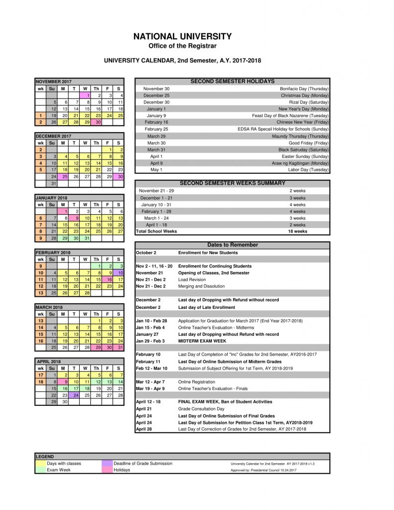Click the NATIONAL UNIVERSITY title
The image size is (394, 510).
pos(183,36)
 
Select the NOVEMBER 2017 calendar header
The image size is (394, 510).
pos(54,81)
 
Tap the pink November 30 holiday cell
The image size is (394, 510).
pos(97,122)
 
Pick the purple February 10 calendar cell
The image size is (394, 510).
pos(119,273)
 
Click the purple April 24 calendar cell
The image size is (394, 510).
pos(75,395)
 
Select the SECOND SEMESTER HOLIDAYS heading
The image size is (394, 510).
pos(232,81)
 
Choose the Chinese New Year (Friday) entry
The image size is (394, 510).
pos(302,122)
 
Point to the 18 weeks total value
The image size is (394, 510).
pos(297,231)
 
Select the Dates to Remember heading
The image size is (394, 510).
pos(232,245)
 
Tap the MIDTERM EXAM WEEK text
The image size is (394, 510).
pos(202,341)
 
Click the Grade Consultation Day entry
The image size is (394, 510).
pos(201,408)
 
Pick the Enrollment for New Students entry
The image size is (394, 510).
pos(208,253)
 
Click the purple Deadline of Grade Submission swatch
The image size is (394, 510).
pos(107,463)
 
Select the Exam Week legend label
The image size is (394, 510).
pos(59,470)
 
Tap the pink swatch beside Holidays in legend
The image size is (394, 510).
pos(107,470)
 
